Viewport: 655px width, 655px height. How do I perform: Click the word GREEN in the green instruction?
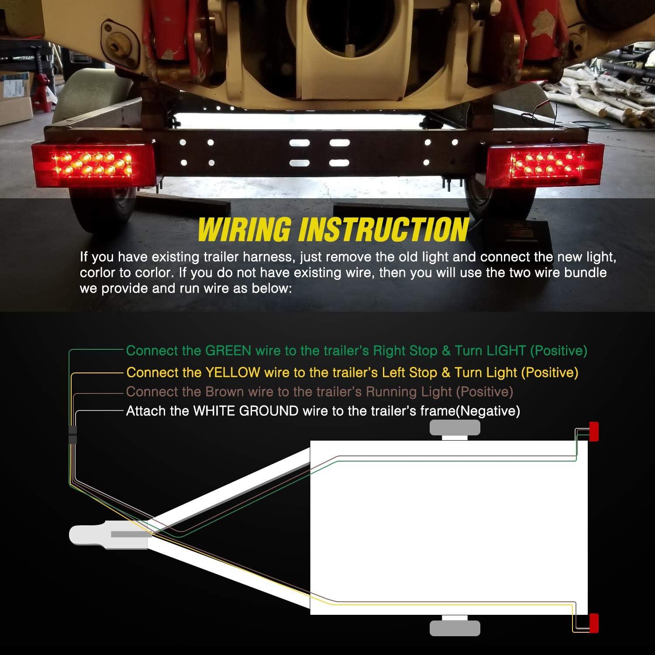[x=228, y=351]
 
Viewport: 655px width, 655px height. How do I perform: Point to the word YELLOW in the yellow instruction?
[x=232, y=372]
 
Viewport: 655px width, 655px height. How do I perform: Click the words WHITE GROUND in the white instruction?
[x=246, y=411]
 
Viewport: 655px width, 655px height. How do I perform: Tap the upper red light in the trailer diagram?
[x=593, y=431]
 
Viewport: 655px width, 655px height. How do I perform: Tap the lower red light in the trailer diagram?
[x=593, y=623]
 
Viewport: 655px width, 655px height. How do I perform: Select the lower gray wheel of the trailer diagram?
[x=455, y=628]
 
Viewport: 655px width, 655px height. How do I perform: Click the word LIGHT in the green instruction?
[x=506, y=351]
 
